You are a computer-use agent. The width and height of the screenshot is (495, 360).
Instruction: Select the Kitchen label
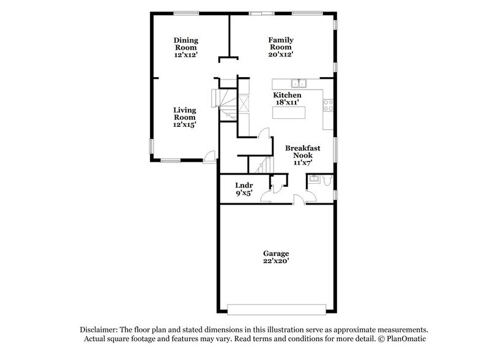pos(287,96)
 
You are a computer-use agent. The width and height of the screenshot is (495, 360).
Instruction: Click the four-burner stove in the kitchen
pos(327,105)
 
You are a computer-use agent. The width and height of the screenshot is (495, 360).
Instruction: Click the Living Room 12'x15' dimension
pos(184,124)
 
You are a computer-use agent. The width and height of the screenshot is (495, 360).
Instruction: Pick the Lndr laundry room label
pos(245,185)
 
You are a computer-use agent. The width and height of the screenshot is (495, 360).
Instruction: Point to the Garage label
pos(277,253)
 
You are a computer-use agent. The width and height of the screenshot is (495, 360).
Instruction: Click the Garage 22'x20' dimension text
pos(277,262)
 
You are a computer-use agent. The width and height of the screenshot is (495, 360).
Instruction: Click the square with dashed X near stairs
pos(243,103)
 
